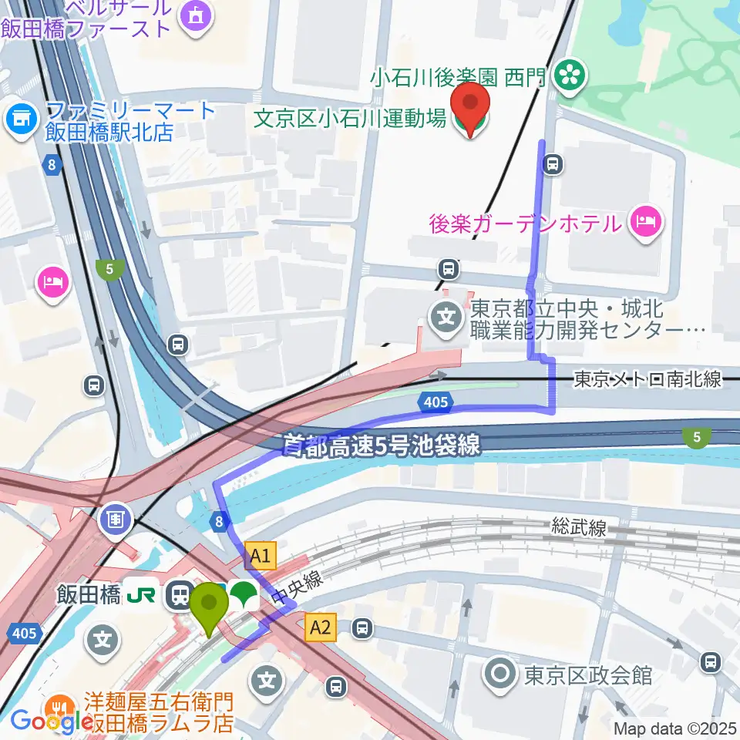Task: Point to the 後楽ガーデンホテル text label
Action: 526,224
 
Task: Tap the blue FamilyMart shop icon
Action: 21,119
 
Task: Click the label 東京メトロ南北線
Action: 647,378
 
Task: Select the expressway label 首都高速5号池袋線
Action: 381,445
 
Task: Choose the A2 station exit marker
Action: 320,627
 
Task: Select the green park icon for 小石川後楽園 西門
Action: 571,74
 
